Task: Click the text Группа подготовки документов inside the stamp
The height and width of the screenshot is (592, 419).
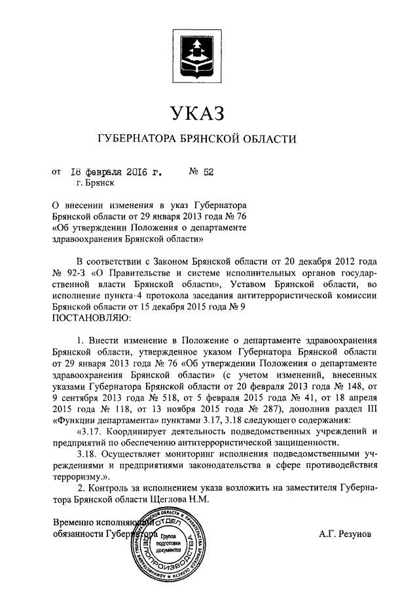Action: [166, 542]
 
